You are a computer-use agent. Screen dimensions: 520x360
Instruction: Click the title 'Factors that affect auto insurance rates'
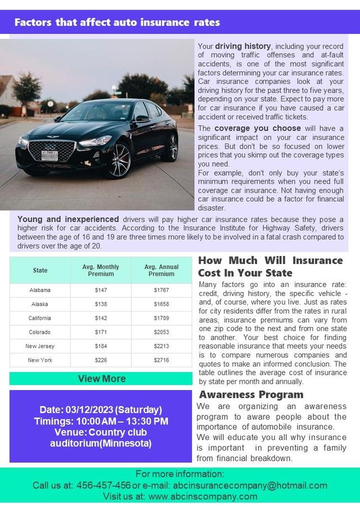coord(117,23)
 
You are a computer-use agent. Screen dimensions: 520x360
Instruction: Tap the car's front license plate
coord(49,155)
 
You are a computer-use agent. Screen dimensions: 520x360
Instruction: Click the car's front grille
coord(51,149)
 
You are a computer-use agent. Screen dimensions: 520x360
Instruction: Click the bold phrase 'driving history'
coord(243,46)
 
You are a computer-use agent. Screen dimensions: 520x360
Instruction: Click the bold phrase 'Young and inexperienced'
coord(68,219)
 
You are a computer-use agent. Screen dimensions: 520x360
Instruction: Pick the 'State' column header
coord(40,270)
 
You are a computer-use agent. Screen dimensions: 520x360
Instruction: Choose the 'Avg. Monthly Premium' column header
coord(101,270)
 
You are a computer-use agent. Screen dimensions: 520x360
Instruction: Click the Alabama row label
coord(40,290)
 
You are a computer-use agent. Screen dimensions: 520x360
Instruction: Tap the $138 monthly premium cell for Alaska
coord(101,304)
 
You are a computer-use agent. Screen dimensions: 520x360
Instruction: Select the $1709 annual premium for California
coord(161,318)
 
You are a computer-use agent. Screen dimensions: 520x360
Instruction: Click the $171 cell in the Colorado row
coord(101,332)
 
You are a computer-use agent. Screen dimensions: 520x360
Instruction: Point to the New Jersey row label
coord(40,346)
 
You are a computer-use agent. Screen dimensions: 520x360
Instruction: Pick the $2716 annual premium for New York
coord(161,360)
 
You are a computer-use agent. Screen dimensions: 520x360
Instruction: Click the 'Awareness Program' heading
coord(251,395)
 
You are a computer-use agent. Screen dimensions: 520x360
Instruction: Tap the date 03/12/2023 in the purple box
coord(89,410)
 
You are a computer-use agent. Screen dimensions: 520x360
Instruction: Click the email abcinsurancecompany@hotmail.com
coord(250,485)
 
